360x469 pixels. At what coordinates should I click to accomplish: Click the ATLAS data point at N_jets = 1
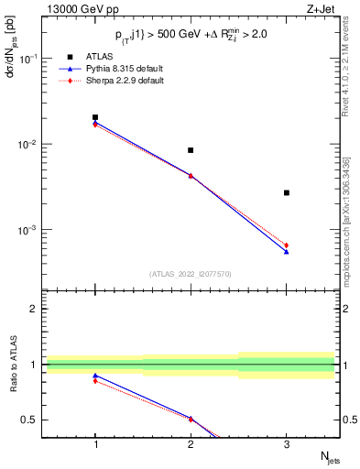click(x=95, y=117)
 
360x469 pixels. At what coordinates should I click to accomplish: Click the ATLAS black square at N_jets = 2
click(x=191, y=150)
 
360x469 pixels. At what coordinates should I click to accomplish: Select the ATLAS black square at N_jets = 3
click(x=287, y=192)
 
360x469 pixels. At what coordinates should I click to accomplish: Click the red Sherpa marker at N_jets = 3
click(x=287, y=245)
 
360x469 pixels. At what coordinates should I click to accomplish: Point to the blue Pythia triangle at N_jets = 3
click(x=287, y=251)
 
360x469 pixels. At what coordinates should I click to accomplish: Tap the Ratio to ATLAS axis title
click(x=12, y=366)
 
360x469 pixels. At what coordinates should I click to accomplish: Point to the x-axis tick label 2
click(x=191, y=445)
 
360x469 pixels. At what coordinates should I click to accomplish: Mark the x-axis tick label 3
click(x=287, y=445)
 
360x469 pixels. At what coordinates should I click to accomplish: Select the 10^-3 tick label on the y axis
click(x=29, y=231)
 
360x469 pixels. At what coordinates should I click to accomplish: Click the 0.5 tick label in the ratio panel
click(x=30, y=420)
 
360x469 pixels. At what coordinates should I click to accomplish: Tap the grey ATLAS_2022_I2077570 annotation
click(x=191, y=274)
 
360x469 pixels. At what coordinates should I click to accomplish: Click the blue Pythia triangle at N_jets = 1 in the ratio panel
click(x=95, y=376)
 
